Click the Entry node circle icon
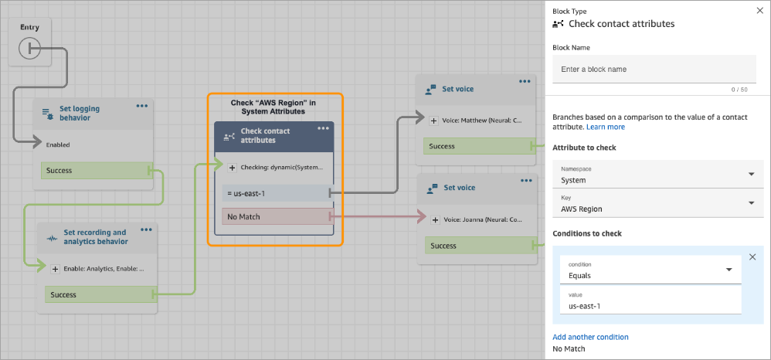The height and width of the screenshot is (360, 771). pyautogui.click(x=29, y=49)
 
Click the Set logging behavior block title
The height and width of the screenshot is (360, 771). pyautogui.click(x=81, y=114)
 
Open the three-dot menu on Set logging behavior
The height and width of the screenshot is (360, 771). pyautogui.click(x=142, y=106)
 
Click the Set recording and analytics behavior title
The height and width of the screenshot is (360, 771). pyautogui.click(x=94, y=237)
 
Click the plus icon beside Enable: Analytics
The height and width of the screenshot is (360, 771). pyautogui.click(x=55, y=269)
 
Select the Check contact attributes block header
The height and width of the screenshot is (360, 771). pyautogui.click(x=273, y=136)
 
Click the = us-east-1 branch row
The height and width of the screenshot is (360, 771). pyautogui.click(x=275, y=192)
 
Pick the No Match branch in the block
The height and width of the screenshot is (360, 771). pyautogui.click(x=275, y=217)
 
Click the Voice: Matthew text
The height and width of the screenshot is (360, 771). pyautogui.click(x=480, y=120)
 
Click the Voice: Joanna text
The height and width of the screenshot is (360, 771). pyautogui.click(x=481, y=219)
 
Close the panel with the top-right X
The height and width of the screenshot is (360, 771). pyautogui.click(x=758, y=11)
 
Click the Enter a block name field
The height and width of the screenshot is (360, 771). pyautogui.click(x=654, y=70)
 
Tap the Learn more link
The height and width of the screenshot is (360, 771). pyautogui.click(x=606, y=127)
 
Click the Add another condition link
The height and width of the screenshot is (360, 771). pyautogui.click(x=590, y=337)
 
